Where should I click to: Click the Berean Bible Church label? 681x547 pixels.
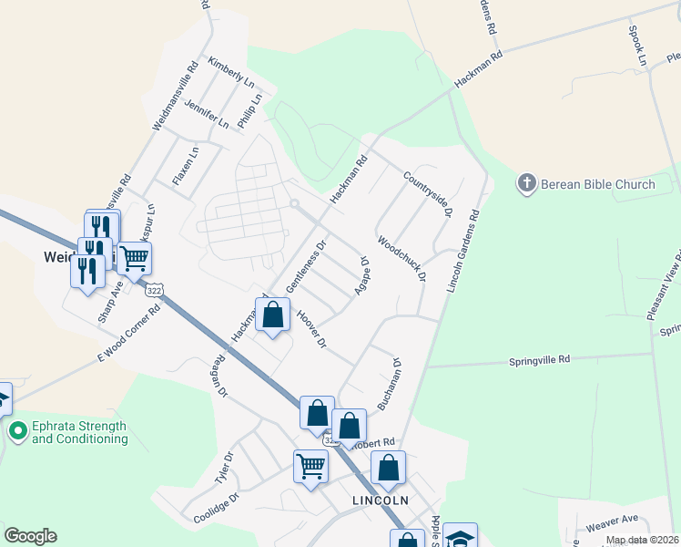pyautogui.click(x=598, y=184)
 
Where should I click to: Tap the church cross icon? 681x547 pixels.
pyautogui.click(x=526, y=183)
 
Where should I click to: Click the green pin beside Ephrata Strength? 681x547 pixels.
pyautogui.click(x=16, y=429)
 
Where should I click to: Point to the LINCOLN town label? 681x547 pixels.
pyautogui.click(x=381, y=501)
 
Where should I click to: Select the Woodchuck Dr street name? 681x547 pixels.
pyautogui.click(x=401, y=260)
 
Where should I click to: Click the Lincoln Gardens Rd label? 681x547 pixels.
pyautogui.click(x=462, y=253)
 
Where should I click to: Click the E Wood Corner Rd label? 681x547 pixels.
pyautogui.click(x=129, y=335)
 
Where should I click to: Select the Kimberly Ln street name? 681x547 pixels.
pyautogui.click(x=230, y=72)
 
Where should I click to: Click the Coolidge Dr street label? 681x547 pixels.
pyautogui.click(x=216, y=510)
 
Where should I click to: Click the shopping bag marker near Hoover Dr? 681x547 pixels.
pyautogui.click(x=272, y=316)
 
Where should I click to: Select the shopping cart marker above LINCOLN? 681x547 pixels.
pyautogui.click(x=310, y=468)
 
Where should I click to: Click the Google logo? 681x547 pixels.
pyautogui.click(x=30, y=536)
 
